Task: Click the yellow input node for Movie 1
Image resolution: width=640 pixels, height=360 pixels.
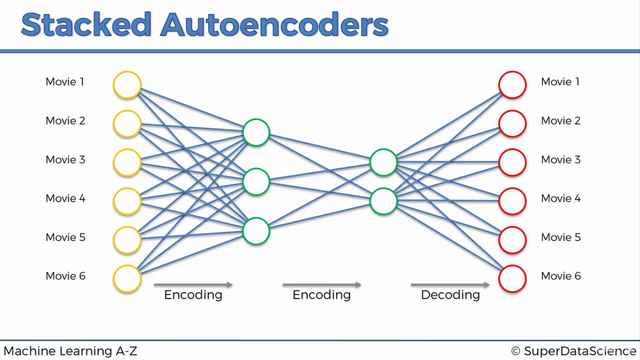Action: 128,85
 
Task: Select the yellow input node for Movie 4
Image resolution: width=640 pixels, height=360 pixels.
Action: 128,201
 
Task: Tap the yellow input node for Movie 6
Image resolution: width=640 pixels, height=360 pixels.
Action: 128,279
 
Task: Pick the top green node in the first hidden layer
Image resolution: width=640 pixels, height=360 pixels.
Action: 256,133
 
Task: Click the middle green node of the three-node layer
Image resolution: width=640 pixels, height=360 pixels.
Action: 256,182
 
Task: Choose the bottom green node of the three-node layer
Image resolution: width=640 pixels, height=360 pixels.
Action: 256,231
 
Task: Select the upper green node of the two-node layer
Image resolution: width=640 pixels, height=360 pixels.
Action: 384,162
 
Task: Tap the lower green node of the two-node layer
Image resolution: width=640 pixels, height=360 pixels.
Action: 384,201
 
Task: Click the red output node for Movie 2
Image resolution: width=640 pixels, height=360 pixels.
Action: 512,123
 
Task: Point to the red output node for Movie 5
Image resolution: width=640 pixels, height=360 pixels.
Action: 512,240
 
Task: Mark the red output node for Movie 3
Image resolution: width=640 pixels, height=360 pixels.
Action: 512,162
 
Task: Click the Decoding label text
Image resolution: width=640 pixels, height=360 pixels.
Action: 450,295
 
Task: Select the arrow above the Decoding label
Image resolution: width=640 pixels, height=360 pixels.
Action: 450,285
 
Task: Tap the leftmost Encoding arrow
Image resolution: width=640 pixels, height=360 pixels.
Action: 193,285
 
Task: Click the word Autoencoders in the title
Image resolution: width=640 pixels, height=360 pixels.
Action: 274,25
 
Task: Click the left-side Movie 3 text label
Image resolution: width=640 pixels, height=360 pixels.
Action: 66,160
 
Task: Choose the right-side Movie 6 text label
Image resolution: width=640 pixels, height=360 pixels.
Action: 561,277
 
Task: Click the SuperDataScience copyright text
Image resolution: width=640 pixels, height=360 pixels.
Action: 573,351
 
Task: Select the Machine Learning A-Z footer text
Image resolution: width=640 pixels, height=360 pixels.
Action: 70,351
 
